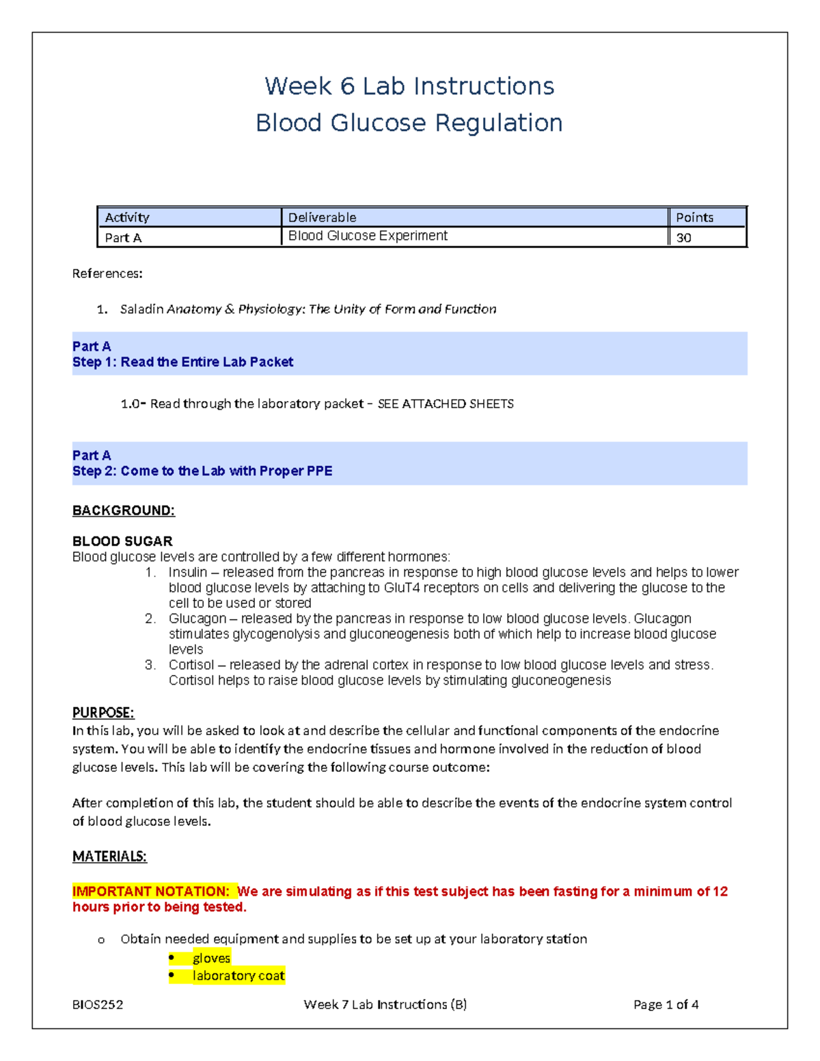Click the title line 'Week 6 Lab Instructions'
tap(409, 86)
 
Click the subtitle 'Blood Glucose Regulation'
tap(409, 123)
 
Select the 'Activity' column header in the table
tap(127, 217)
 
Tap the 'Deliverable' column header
tap(322, 217)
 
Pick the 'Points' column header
tap(694, 217)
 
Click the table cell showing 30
tap(683, 238)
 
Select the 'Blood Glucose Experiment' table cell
tap(368, 236)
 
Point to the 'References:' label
tap(107, 273)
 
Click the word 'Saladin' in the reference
tap(141, 309)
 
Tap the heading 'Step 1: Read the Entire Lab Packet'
tap(182, 362)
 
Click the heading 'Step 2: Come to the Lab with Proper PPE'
tap(202, 471)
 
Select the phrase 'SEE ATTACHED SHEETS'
tap(446, 404)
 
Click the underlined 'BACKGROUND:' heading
tap(124, 510)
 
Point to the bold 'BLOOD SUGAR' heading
tap(122, 541)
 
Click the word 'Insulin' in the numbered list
tap(187, 572)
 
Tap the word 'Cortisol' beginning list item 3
tap(191, 665)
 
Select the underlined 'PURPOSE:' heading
tap(103, 713)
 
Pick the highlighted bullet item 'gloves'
tap(211, 958)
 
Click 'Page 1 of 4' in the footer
tap(666, 1004)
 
